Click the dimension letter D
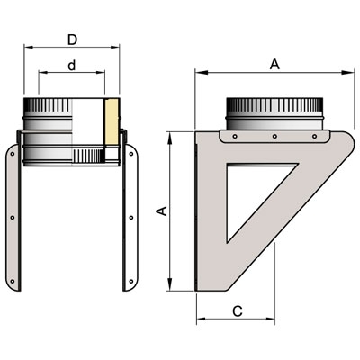click(72, 40)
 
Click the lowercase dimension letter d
click(71, 65)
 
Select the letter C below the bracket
click(238, 311)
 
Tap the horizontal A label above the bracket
click(274, 64)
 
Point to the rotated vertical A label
click(162, 211)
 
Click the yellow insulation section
click(112, 122)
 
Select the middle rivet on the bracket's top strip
click(274, 137)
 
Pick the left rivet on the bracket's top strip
click(235, 137)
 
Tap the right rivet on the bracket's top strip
click(314, 137)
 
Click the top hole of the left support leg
click(13, 154)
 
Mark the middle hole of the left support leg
click(13, 218)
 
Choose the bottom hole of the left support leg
click(13, 282)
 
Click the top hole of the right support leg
click(131, 154)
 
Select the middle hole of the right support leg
click(131, 218)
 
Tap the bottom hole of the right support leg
click(131, 282)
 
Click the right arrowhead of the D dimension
click(115, 47)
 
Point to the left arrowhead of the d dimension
click(43, 72)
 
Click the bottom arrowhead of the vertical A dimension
click(170, 284)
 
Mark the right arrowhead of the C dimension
click(270, 319)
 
